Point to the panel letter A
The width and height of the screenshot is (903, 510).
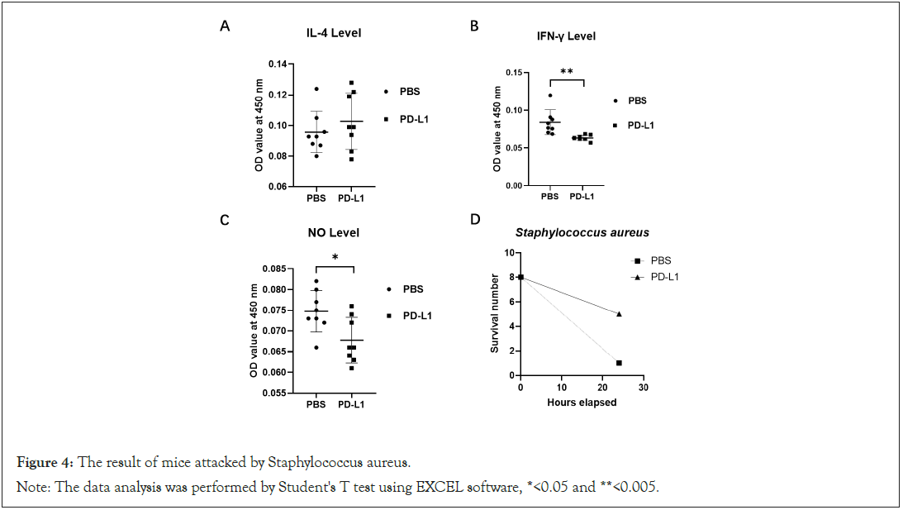tap(225, 27)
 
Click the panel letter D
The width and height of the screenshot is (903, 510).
tap(474, 220)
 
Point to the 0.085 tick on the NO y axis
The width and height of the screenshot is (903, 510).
tap(275, 269)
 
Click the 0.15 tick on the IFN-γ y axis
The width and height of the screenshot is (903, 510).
tap(517, 72)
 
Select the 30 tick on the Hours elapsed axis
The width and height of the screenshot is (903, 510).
tap(644, 388)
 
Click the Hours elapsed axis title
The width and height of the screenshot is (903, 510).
tap(582, 403)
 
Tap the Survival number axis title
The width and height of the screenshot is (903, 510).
tap(495, 314)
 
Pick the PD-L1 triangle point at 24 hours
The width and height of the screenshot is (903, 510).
tap(619, 313)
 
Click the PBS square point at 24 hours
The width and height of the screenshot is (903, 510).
tap(619, 363)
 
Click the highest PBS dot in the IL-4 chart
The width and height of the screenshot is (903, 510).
tap(316, 89)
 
